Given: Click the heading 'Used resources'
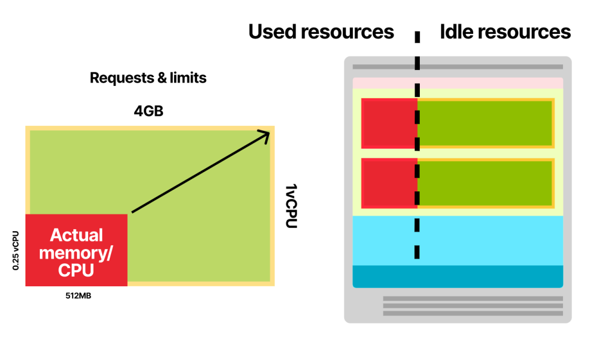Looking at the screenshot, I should point(321,32).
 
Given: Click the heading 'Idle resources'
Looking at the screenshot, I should point(505,32).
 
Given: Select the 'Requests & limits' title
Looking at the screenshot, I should point(148,78).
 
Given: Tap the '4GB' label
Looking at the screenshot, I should point(148,111).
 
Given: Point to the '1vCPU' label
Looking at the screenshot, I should point(290,206).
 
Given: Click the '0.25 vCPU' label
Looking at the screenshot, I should point(16,250).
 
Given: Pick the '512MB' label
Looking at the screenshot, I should point(78,296).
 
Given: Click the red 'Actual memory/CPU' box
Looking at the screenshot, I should point(77,250).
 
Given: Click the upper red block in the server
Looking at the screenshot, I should point(389,123).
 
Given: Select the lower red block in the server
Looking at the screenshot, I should point(389,183).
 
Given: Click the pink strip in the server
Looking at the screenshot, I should point(458,83).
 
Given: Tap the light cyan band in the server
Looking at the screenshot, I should point(458,240).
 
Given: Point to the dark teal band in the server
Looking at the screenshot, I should point(458,276).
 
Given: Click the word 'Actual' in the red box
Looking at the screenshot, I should point(77,235).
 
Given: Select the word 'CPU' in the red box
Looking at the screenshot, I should point(76,271).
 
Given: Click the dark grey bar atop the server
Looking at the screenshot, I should point(458,67).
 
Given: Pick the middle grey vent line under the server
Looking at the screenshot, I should point(473,306).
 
